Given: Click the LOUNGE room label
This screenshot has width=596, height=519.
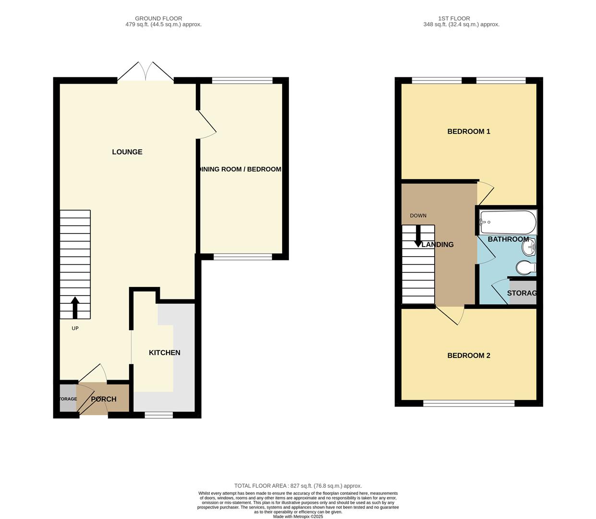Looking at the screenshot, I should click(x=127, y=152).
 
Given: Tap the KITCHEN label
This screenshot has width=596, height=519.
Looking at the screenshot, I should click(x=165, y=353).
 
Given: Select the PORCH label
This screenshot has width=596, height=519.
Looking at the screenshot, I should click(x=104, y=399).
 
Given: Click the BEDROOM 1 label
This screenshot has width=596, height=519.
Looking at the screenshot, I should click(x=468, y=131).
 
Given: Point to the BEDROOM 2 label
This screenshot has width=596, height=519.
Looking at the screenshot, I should click(x=468, y=356).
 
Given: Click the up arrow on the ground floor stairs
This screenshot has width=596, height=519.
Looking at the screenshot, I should click(x=75, y=308).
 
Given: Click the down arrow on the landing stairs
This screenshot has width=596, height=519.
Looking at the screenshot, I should click(x=418, y=236).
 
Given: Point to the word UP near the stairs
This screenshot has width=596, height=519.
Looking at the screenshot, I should click(x=75, y=328).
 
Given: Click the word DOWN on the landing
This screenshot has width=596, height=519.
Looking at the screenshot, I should click(x=418, y=216).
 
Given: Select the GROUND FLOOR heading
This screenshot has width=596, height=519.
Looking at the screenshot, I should click(x=158, y=18).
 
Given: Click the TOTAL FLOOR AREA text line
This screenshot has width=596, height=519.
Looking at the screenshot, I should click(x=298, y=486).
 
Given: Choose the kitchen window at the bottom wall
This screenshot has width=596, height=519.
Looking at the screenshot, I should click(x=159, y=415).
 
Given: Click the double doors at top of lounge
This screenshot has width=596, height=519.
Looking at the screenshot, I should click(x=145, y=72).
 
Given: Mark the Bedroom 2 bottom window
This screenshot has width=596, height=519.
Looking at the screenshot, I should click(x=469, y=403).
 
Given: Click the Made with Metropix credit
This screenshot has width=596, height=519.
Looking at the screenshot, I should click(x=298, y=517).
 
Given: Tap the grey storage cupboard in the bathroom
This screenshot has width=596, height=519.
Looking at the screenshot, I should click(x=522, y=293).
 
